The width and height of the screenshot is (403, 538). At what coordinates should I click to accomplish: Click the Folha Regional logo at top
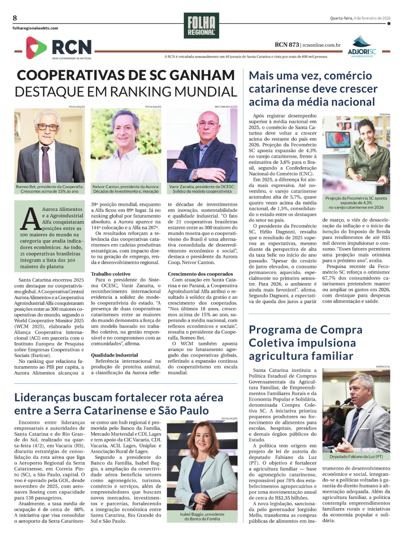coord(201,25)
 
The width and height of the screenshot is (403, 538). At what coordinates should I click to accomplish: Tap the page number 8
coord(15,18)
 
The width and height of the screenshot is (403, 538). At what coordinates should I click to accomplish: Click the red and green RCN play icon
coord(36,48)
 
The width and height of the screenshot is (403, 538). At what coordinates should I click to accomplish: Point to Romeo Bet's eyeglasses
coord(48,127)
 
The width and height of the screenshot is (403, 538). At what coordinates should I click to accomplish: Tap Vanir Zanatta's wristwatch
coord(195,174)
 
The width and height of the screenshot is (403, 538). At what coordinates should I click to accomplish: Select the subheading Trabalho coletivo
coord(110,274)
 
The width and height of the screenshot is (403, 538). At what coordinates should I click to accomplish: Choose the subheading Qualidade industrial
coord(114,355)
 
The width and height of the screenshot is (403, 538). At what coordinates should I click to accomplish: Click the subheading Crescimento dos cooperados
coord(200,274)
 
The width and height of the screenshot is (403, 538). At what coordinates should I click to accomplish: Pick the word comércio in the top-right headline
coord(348,76)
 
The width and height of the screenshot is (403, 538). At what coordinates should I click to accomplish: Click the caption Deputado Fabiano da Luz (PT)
coord(356,457)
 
